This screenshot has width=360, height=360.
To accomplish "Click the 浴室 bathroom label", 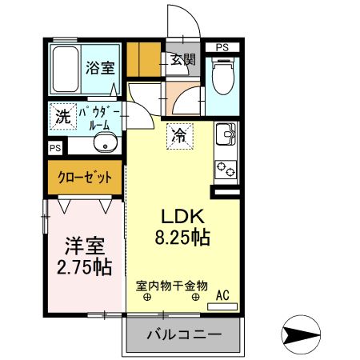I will [x=101, y=67].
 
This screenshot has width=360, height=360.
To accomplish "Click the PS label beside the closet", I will [x=54, y=149].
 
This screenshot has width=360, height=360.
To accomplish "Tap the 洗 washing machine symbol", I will [x=62, y=116].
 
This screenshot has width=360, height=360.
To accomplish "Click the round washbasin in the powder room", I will [x=104, y=145].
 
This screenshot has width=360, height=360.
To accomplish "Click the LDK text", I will [x=186, y=217].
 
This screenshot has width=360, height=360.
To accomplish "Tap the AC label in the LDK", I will [x=223, y=294].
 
